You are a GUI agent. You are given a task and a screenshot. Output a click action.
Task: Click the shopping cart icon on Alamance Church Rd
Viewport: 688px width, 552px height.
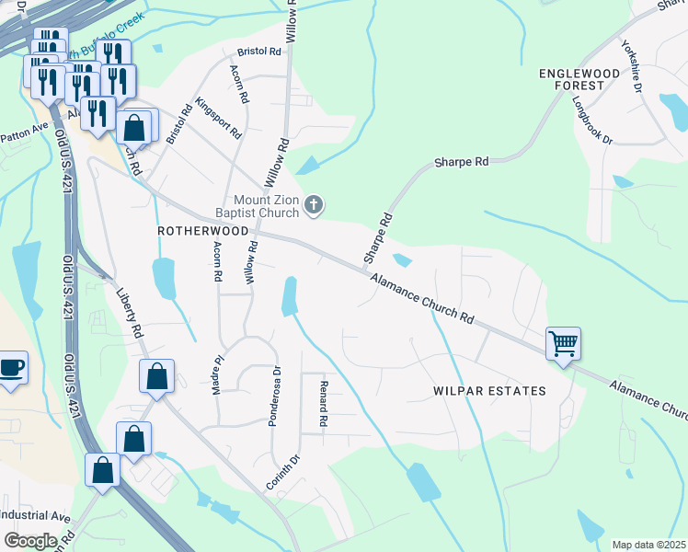(x=562, y=345)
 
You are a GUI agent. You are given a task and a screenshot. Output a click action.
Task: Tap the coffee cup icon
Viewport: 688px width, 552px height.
(x=11, y=368)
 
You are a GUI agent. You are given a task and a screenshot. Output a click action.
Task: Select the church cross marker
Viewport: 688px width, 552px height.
(x=314, y=206)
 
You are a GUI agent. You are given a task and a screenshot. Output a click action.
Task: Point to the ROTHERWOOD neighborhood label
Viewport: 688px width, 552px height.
(x=203, y=231)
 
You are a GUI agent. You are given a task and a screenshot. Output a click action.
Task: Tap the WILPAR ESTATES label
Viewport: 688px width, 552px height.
(x=489, y=391)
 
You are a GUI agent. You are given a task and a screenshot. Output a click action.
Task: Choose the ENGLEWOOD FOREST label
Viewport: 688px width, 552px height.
(x=585, y=78)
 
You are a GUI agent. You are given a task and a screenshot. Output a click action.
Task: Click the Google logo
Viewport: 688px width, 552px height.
(x=30, y=540)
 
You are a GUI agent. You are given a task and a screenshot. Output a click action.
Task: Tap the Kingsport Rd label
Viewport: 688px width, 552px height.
(x=218, y=119)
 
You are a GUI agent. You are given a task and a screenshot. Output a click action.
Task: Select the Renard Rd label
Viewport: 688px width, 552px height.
(x=323, y=404)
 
